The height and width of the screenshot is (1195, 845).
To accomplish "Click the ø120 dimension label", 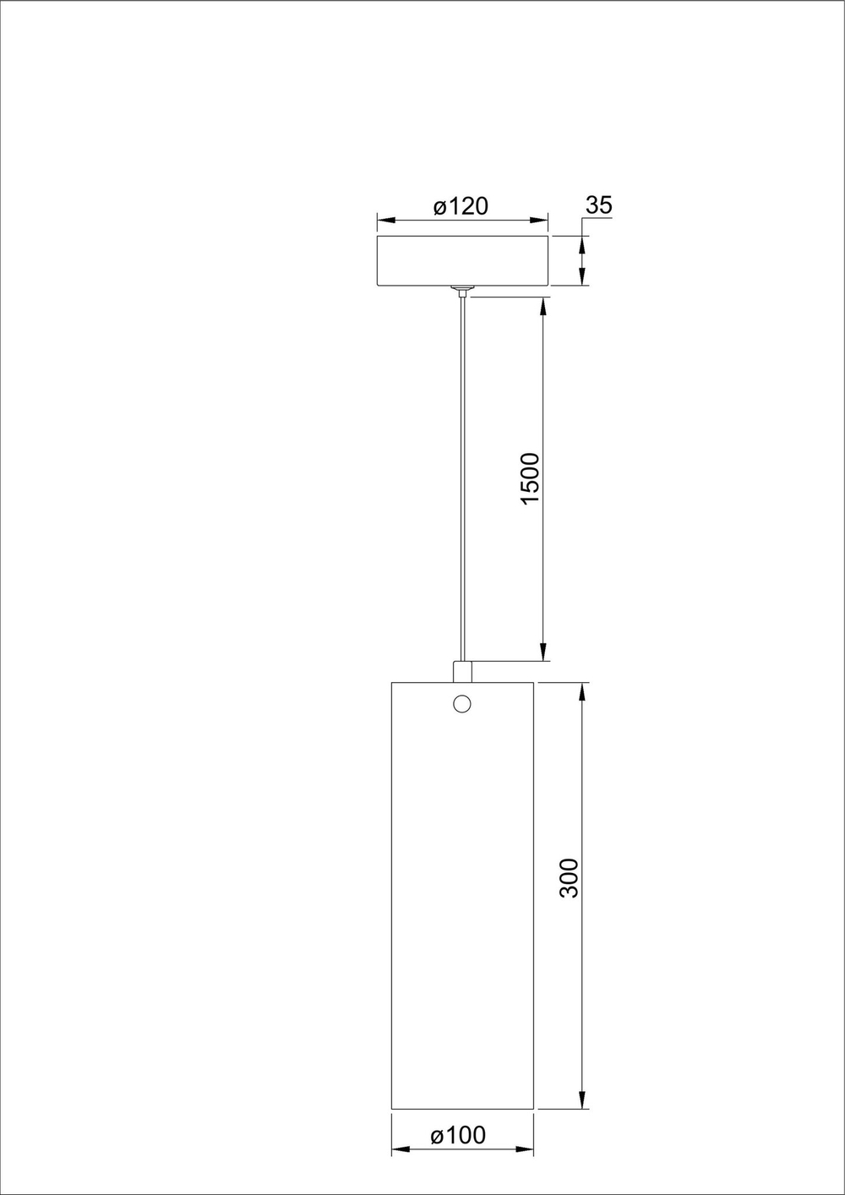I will [x=461, y=206].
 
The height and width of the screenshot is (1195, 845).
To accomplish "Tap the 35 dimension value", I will [x=598, y=205].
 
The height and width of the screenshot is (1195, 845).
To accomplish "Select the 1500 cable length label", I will [x=530, y=478].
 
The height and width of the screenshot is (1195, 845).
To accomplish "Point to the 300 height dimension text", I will [x=570, y=877].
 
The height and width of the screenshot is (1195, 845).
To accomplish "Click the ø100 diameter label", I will [x=458, y=1135].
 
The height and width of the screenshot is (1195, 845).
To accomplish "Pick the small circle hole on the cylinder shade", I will [x=462, y=703].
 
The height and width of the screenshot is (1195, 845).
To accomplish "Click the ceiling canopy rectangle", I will [x=463, y=260].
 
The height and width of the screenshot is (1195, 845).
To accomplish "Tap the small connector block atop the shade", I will [x=462, y=671].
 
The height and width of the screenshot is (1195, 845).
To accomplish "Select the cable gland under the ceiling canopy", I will [x=461, y=292].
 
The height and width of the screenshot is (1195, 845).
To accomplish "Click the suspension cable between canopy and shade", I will [x=461, y=473].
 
